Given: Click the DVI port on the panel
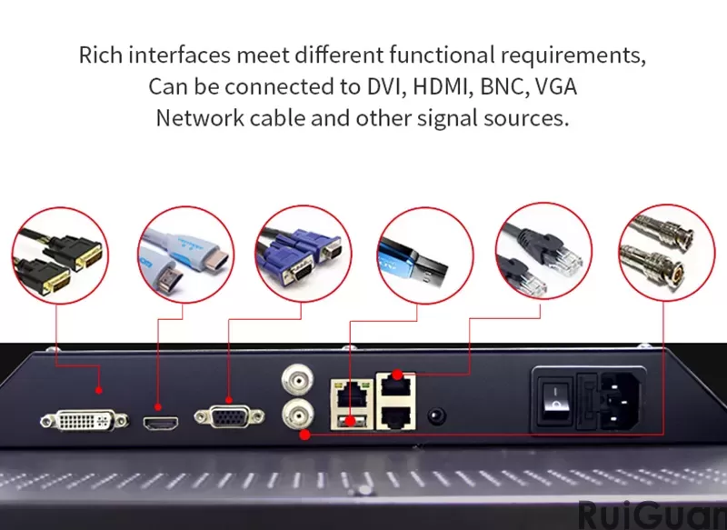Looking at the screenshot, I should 76,419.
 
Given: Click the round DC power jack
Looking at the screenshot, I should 436,415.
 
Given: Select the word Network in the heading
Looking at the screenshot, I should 198,118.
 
